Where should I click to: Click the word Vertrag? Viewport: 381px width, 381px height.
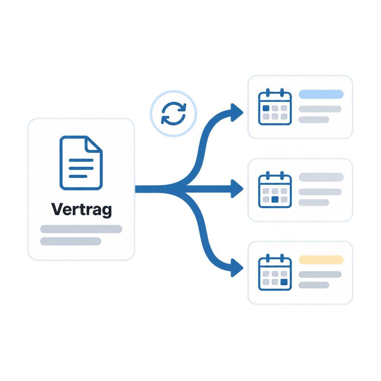81,209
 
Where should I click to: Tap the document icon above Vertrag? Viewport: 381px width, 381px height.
81,163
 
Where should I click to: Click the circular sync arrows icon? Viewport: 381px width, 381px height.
173,113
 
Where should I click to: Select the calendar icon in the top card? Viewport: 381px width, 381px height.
275,107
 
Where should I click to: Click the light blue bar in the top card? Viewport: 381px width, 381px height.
321,94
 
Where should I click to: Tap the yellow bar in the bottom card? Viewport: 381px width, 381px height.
321,260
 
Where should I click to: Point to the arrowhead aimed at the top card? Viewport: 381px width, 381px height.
236,112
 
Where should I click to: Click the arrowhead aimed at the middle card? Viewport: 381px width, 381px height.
236,189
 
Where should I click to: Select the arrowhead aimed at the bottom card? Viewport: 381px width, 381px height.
236,268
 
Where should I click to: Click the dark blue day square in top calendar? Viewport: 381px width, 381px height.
266,108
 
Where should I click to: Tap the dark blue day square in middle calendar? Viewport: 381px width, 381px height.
275,199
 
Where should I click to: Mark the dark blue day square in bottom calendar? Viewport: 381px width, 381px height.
284,282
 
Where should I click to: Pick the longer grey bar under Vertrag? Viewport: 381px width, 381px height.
81,229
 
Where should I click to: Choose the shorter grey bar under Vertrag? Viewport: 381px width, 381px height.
71,241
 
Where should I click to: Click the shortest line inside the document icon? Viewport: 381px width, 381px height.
78,176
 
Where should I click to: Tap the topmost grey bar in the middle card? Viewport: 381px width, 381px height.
321,177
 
